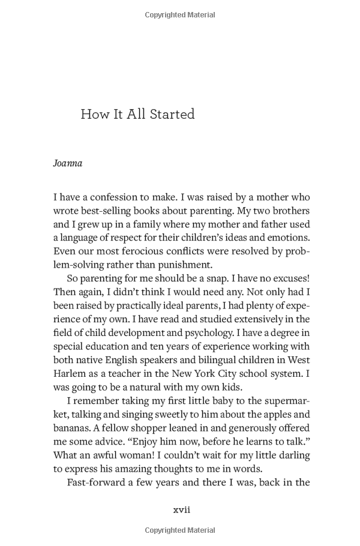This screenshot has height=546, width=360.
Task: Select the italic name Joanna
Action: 67,163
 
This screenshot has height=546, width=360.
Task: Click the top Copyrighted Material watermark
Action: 180,14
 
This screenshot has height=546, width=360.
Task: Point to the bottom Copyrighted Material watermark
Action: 180,531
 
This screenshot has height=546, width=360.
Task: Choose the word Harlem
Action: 70,373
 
